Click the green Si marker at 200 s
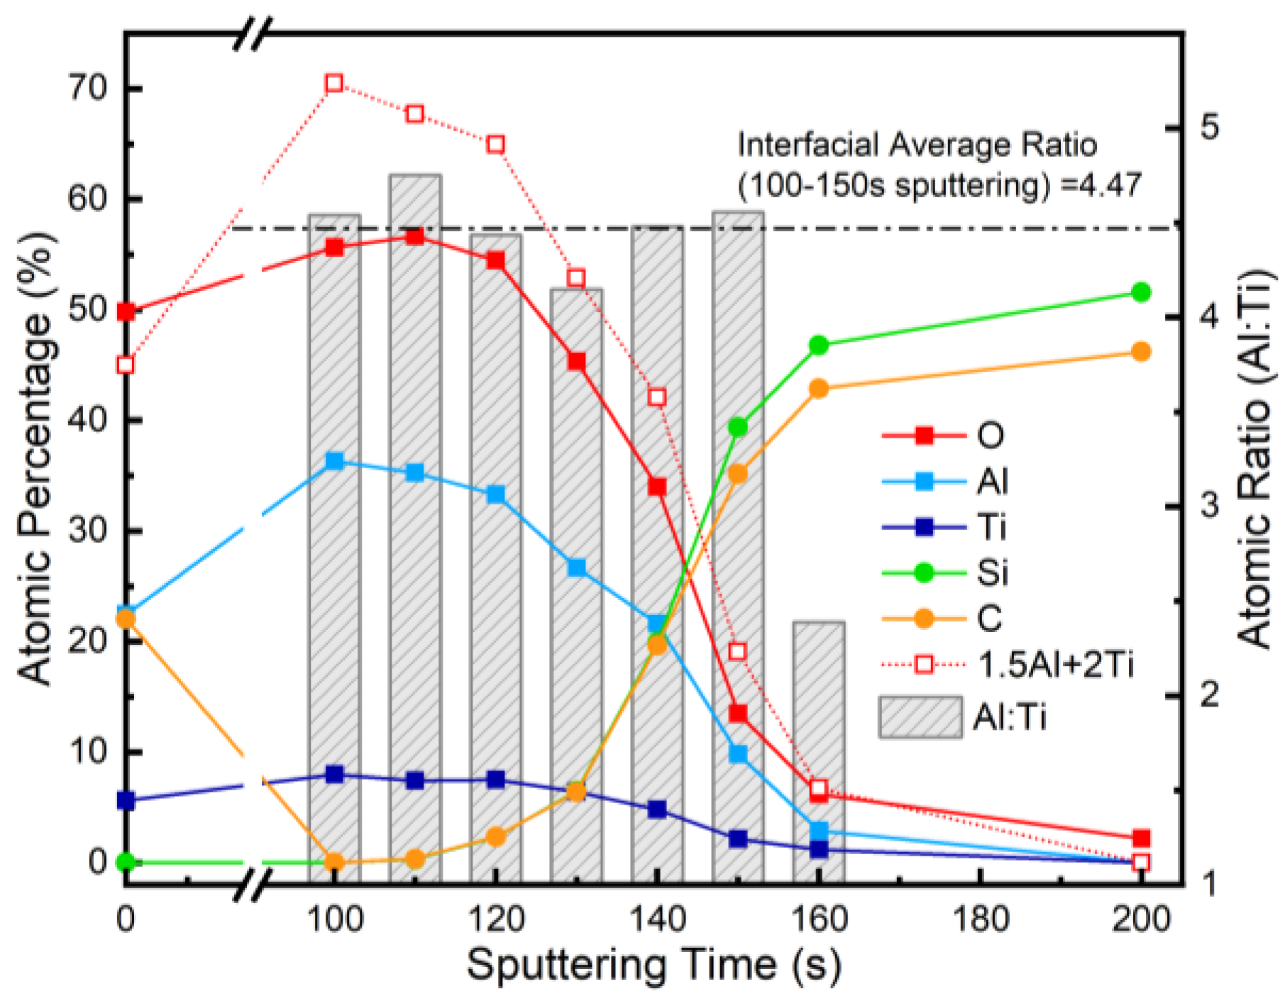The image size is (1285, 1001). point(1141,292)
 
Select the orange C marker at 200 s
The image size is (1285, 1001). point(1141,352)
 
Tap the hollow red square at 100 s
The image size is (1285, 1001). point(334,84)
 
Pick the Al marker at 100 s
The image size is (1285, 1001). point(334,462)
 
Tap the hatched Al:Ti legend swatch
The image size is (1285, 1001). point(920,717)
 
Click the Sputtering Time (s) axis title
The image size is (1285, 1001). point(653,966)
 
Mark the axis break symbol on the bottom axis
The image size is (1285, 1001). point(253,885)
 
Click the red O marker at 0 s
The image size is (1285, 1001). point(126,311)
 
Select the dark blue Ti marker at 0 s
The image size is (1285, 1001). point(126,801)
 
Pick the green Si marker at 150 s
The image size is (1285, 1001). point(738,427)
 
